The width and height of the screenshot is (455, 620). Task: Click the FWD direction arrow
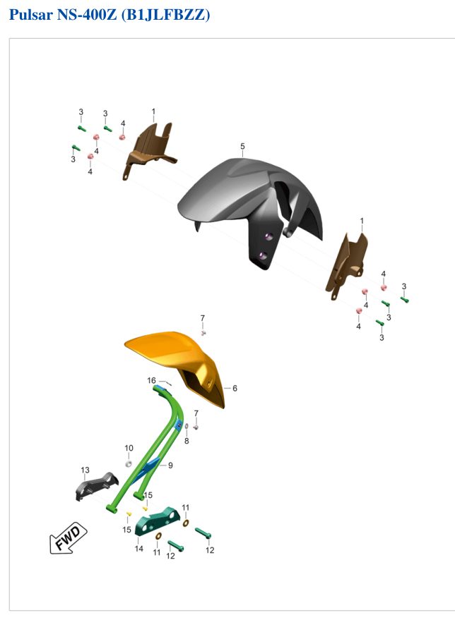click(x=68, y=537)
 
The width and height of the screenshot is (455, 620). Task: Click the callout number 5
click(x=242, y=146)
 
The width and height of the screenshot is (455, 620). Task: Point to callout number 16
click(x=151, y=380)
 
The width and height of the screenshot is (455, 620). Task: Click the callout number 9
click(x=170, y=466)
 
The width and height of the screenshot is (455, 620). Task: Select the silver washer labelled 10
click(x=129, y=463)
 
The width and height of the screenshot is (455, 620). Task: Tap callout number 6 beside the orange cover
click(x=235, y=388)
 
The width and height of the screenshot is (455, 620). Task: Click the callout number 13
click(x=85, y=470)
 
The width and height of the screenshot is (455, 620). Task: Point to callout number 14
click(x=138, y=549)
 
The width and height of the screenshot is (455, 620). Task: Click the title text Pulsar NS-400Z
click(x=63, y=14)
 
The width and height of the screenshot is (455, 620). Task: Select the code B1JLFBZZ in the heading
click(x=165, y=15)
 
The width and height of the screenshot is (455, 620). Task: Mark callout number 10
click(x=129, y=448)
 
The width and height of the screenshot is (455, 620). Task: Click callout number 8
click(x=187, y=441)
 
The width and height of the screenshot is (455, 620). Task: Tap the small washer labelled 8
click(x=187, y=427)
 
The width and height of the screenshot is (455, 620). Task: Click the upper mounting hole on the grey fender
click(x=268, y=236)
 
